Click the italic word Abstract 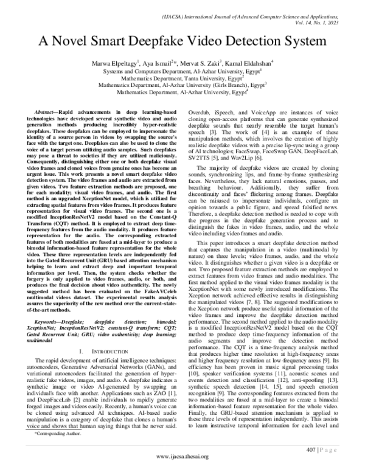tap(47, 114)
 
